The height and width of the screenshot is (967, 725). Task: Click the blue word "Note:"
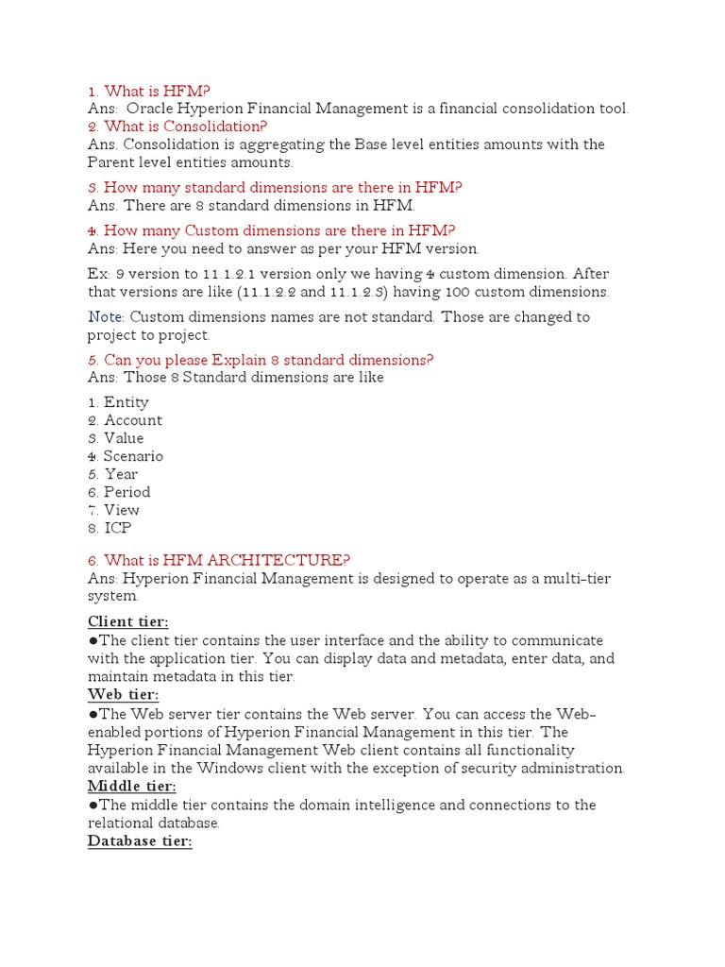tap(107, 317)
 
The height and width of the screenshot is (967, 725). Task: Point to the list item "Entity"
tap(126, 402)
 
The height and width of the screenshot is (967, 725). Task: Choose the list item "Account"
tap(132, 420)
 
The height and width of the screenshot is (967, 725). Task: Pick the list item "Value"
tap(124, 438)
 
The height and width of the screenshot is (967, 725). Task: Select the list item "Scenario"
tap(133, 456)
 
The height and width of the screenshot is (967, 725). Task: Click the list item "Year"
tap(121, 474)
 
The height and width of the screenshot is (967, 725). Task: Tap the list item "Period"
tap(126, 492)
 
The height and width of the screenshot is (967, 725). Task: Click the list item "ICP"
tap(117, 528)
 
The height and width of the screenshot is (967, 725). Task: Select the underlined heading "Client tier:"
tap(128, 621)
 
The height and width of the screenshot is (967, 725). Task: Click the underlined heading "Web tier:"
tap(123, 695)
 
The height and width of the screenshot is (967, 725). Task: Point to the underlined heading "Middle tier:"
tap(132, 787)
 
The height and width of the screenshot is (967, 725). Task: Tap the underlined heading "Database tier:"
tap(140, 840)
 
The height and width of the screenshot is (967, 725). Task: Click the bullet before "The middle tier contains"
tap(93, 806)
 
